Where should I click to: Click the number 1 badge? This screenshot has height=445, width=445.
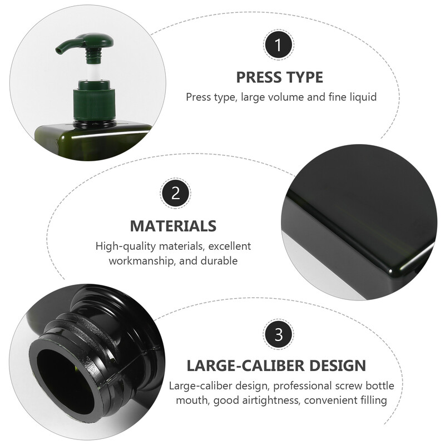tap(279, 45)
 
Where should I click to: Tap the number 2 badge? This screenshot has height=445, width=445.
tap(175, 194)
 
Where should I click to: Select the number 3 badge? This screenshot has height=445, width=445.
tap(279, 334)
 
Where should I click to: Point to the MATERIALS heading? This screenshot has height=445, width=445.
tap(173, 226)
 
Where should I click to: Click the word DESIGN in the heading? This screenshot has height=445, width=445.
tap(337, 365)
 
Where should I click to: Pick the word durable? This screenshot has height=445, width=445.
tap(219, 261)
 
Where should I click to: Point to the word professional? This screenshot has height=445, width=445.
tap(302, 386)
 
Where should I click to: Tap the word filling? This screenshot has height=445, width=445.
tap(374, 400)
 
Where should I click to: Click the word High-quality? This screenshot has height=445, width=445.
tap(126, 246)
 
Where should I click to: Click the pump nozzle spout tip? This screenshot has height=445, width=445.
tap(59, 51)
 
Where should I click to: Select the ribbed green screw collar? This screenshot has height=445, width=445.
tap(95, 104)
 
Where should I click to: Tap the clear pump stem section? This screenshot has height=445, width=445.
tap(93, 72)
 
